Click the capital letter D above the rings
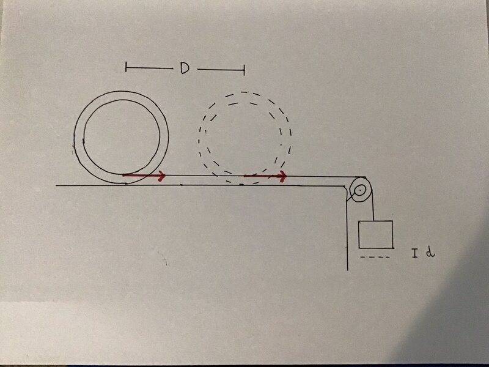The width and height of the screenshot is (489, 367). pos(183,69)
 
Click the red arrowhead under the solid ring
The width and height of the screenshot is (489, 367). pos(162,176)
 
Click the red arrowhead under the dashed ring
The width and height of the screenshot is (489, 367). pos(282,177)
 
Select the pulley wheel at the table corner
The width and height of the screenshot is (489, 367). pos(359,190)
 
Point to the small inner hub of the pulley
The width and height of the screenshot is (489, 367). pos(360,190)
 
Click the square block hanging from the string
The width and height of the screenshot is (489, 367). pos(375,235)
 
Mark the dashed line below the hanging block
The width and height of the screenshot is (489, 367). pos(374,258)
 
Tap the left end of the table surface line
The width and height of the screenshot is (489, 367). pos(57,184)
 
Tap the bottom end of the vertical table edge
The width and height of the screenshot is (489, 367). pos(347,269)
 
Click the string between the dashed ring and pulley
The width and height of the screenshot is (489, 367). pos(318,177)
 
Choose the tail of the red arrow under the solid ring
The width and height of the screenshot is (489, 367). pos(124,176)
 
